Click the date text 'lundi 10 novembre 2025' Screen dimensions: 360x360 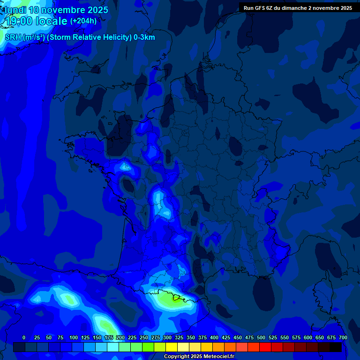tap(56, 10)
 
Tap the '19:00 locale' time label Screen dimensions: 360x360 tap(37, 21)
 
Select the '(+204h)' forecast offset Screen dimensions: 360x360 tap(83, 21)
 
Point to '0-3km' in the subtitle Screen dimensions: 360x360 tap(144, 37)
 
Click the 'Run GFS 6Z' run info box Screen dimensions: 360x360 tap(298, 8)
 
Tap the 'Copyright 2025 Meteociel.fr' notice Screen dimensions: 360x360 tap(199, 357)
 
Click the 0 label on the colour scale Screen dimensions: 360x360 tap(24, 338)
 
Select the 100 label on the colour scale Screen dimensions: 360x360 tap(74, 338)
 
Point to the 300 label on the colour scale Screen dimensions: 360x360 tap(167, 338)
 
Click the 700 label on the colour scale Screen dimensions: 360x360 tap(343, 338)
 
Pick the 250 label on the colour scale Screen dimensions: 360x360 tap(144, 338)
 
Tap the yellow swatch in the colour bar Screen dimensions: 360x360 tap(172, 347)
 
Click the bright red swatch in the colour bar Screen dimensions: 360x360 tap(265, 347)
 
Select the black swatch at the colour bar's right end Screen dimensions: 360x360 tap(336, 347)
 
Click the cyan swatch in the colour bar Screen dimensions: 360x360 tap(113, 347)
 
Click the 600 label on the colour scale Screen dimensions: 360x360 tap(308, 338)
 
